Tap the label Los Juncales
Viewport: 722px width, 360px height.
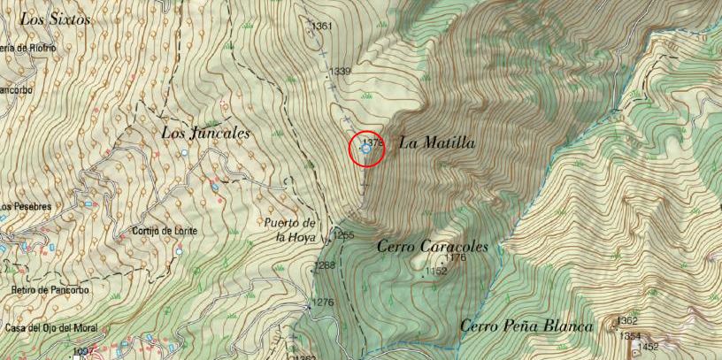click(206, 134)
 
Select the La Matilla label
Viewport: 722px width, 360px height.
click(437, 142)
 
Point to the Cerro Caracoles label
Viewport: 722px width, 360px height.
click(433, 247)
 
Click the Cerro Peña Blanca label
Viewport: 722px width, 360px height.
click(526, 326)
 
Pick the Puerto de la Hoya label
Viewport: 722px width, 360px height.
click(290, 230)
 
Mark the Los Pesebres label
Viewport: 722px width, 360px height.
click(25, 207)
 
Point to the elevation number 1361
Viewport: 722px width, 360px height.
click(321, 27)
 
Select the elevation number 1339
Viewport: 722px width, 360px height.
click(340, 72)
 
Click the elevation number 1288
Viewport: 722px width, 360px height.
click(325, 265)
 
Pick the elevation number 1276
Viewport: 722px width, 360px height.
click(323, 303)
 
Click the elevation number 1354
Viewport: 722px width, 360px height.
click(629, 336)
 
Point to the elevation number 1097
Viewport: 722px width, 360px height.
click(84, 352)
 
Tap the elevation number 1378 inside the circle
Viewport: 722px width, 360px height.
click(373, 141)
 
